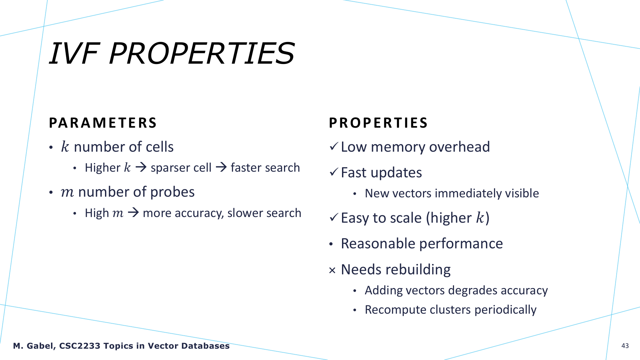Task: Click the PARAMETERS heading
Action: coord(103,123)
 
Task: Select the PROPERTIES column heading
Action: coord(378,123)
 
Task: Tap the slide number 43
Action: coord(625,346)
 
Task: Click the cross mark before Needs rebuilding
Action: coord(332,270)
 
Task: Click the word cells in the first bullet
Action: coord(159,147)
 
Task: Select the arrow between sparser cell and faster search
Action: coord(221,167)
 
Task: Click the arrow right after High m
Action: coord(133,213)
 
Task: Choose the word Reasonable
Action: coord(378,244)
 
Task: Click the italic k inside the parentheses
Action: coord(480,218)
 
